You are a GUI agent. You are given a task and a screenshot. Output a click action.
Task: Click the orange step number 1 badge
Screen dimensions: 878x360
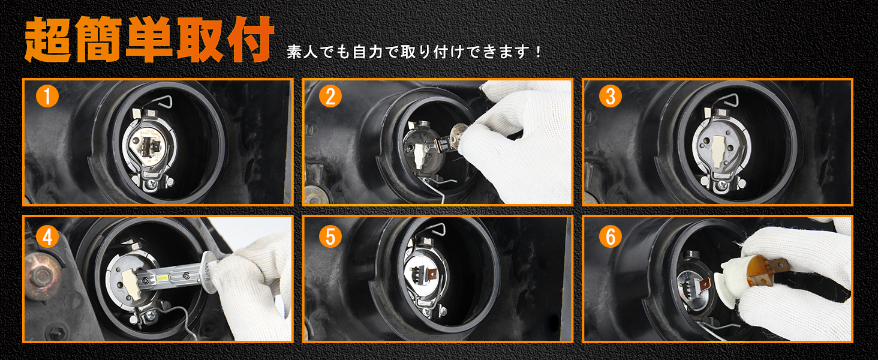[x=47, y=96]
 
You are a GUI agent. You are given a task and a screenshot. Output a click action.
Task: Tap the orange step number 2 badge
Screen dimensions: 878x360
[x=330, y=96]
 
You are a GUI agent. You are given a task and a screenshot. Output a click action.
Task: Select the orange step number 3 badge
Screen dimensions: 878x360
[x=611, y=96]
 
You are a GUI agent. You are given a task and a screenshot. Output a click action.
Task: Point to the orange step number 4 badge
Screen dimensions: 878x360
[x=47, y=237]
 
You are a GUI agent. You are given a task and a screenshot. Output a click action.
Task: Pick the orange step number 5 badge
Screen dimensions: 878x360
[x=330, y=237]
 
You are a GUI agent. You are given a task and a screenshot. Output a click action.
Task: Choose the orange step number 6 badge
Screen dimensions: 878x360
[x=611, y=237]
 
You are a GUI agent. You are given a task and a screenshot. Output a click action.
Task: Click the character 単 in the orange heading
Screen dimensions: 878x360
[x=149, y=39]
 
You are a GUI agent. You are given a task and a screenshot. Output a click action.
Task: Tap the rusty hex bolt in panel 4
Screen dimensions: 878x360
[x=43, y=275]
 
